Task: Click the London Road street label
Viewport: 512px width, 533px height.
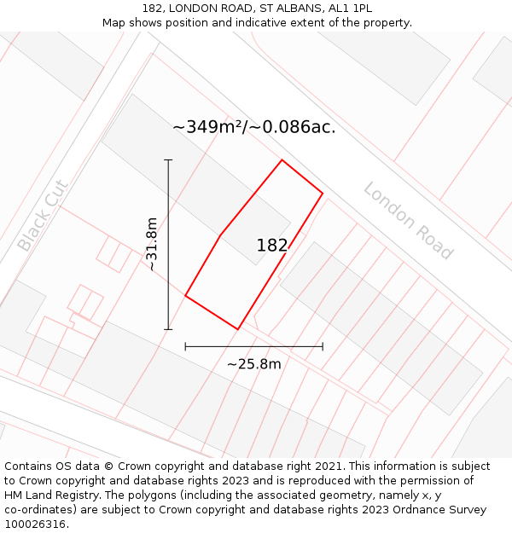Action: (407, 221)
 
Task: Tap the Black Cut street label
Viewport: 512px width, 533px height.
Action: (42, 215)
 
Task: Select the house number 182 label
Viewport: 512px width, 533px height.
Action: (272, 246)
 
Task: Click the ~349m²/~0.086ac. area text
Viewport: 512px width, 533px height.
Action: (253, 127)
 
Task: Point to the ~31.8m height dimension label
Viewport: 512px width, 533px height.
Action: (152, 245)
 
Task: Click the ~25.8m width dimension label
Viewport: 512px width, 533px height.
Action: (253, 364)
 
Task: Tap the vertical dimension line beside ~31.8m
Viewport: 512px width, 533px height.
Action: (168, 245)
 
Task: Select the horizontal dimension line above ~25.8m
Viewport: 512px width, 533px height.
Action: (253, 346)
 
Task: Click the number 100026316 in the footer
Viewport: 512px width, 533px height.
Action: (37, 524)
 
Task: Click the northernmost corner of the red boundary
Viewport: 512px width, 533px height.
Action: (282, 160)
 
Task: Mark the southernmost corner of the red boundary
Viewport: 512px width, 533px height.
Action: (238, 329)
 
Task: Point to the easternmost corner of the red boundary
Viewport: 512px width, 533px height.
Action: (323, 193)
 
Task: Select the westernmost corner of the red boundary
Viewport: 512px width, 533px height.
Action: (185, 297)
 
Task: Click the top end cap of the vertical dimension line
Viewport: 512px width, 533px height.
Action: (168, 159)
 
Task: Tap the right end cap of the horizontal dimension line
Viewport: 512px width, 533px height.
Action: (323, 346)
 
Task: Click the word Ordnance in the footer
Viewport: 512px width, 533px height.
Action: (428, 510)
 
